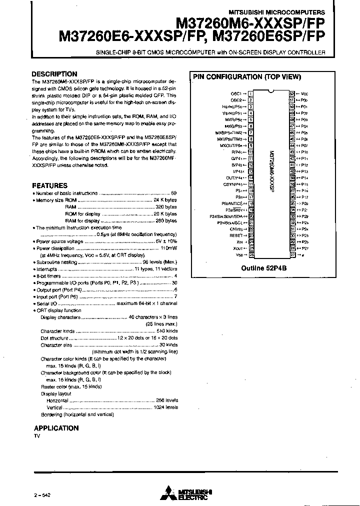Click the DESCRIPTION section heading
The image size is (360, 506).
(54, 74)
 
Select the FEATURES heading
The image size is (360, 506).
(49, 185)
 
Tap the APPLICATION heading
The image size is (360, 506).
(56, 428)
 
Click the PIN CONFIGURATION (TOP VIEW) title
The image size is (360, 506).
(246, 77)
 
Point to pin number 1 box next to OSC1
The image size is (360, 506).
(250, 93)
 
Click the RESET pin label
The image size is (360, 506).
(236, 235)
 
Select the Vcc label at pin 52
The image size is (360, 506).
(304, 93)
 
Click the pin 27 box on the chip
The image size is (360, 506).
(292, 254)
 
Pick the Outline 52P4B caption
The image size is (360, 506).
(264, 268)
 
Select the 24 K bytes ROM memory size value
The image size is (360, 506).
(165, 199)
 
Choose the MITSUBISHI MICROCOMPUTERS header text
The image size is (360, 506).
(283, 12)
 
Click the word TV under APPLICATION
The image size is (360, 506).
(37, 436)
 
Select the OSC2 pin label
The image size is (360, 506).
(236, 100)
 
